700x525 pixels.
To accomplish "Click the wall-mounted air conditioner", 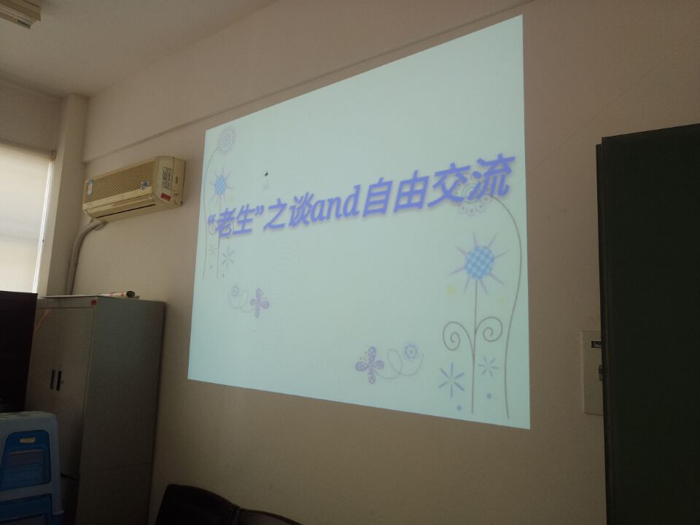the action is (134, 187).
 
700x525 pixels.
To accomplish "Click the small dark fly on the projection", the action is (267, 174).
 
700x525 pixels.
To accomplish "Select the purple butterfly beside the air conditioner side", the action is (260, 302).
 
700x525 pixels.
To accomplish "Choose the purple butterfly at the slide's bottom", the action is (369, 365).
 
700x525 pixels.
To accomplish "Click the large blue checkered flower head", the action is (479, 262).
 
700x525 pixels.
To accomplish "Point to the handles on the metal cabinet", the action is (56, 379).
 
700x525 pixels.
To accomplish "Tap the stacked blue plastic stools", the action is (28, 467).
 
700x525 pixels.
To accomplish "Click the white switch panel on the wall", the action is (592, 372).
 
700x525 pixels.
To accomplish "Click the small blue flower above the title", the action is (220, 184).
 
